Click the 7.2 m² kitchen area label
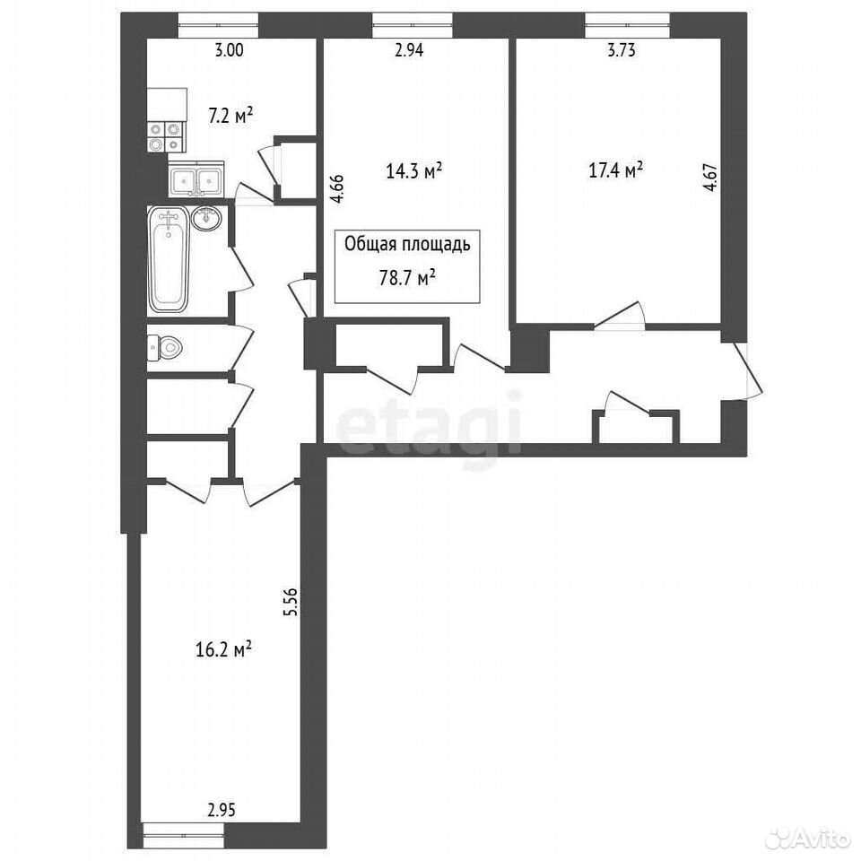point(230,117)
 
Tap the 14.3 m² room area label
point(414,171)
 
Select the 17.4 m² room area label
point(616,170)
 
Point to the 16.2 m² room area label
point(223,650)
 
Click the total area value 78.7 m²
point(407,278)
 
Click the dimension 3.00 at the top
point(229,50)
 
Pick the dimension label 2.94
point(409,50)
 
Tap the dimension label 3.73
point(621,50)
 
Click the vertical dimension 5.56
point(291,602)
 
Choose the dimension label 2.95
point(222,811)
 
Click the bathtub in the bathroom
point(168,260)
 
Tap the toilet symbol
point(165,348)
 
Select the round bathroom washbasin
point(206,219)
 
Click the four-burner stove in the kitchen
point(166,136)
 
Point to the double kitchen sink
point(196,179)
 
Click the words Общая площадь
point(407,245)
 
